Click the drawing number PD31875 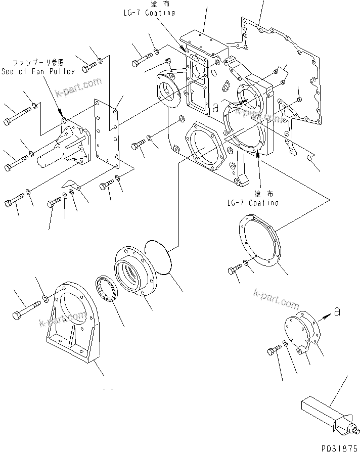(337, 447)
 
